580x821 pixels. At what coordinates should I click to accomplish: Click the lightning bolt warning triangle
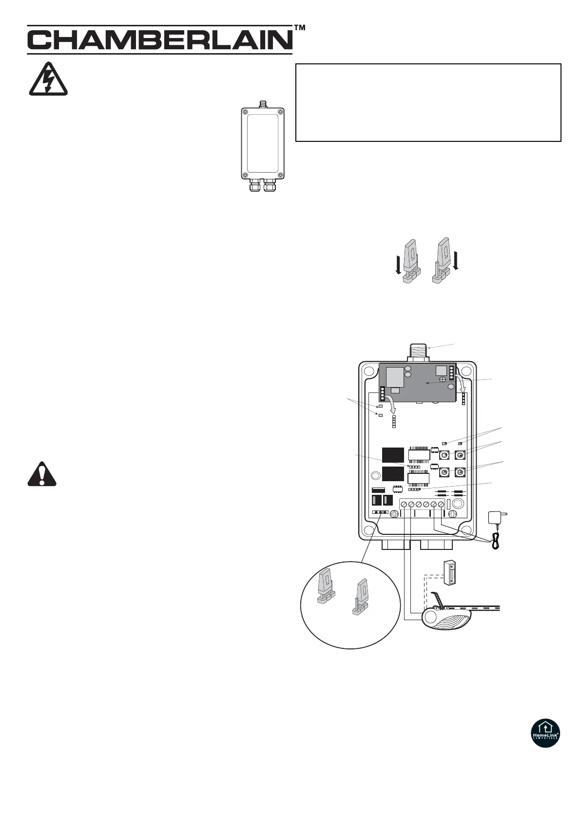point(48,81)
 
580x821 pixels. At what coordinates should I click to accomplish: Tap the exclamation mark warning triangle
point(42,474)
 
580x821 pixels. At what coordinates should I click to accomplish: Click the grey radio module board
point(418,383)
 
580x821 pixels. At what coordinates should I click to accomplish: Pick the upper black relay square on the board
point(393,455)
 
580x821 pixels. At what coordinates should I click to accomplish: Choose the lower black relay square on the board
point(393,473)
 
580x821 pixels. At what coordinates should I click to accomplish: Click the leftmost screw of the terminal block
point(404,504)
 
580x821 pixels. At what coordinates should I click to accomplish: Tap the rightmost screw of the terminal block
point(441,504)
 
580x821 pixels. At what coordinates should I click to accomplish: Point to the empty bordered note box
point(428,102)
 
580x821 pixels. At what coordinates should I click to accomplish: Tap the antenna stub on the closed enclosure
point(262,104)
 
